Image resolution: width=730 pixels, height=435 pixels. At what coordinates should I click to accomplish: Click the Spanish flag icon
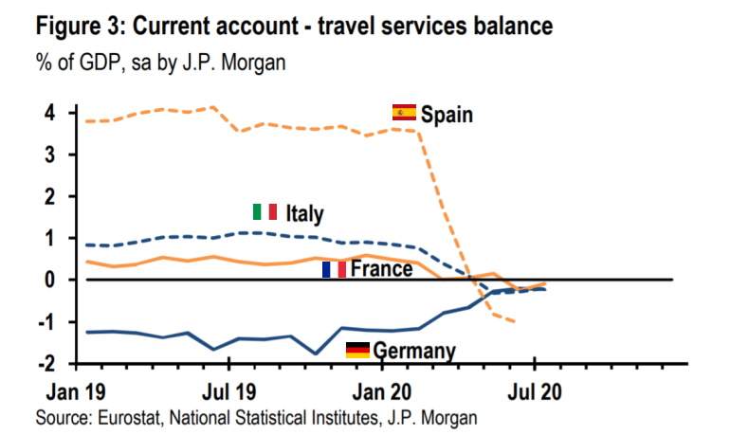point(404,113)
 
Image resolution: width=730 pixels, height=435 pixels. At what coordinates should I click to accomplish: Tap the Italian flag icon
point(265,211)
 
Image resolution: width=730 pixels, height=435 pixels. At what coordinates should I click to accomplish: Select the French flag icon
point(334,269)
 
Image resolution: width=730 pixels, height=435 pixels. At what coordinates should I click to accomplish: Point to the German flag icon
point(357,350)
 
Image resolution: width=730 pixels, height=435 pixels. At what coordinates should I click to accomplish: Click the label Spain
point(447,115)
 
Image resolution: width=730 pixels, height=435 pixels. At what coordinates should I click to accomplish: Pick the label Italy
point(303,213)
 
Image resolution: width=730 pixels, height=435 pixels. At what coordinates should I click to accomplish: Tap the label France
point(381,269)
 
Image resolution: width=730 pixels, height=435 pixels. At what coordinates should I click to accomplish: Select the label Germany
point(414,352)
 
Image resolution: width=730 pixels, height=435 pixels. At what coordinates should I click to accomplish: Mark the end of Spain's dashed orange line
point(514,322)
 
